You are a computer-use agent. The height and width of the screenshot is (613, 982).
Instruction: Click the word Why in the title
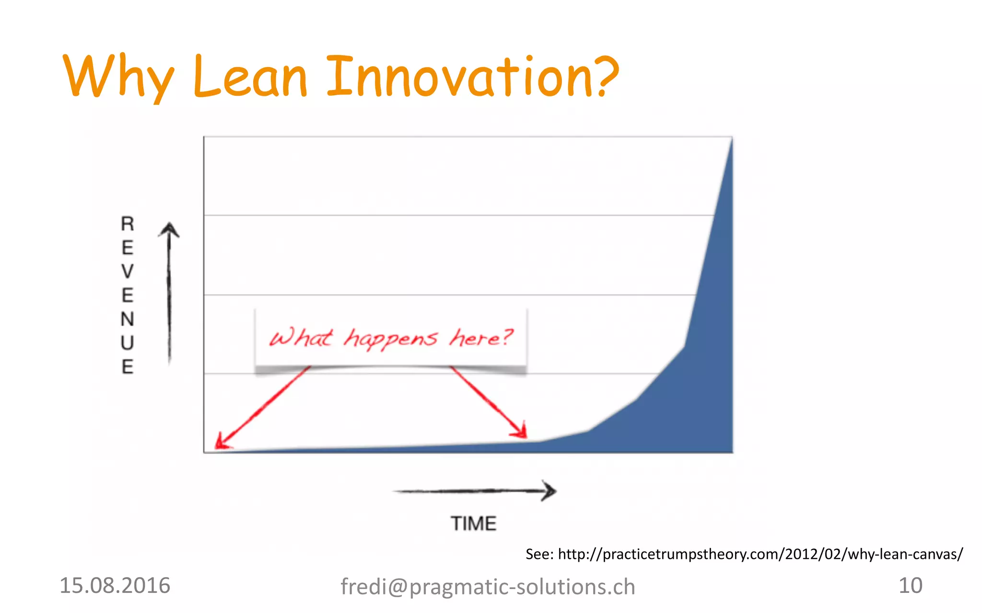click(118, 77)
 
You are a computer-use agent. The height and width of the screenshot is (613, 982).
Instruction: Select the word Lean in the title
click(250, 77)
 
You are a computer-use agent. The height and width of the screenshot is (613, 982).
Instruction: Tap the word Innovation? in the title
click(472, 77)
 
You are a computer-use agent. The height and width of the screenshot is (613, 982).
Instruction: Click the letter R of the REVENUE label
click(127, 224)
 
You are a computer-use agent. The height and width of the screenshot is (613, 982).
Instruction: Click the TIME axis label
click(473, 523)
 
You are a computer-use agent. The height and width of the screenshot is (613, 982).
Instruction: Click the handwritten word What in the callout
click(300, 338)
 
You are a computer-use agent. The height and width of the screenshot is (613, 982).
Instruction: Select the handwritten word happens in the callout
click(390, 339)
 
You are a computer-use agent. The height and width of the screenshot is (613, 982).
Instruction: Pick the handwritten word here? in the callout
click(481, 338)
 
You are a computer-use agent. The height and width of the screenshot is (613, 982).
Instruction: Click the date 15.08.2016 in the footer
click(115, 585)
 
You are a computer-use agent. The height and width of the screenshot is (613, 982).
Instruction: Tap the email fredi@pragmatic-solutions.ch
click(488, 587)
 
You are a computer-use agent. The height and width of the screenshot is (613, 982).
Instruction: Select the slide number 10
click(910, 585)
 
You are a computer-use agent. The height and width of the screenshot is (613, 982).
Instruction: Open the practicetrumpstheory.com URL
click(760, 554)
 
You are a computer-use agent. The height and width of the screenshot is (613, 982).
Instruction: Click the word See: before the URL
click(539, 554)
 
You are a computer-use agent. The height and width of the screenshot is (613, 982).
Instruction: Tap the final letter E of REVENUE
click(127, 367)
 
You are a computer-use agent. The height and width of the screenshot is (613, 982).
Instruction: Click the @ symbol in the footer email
click(397, 587)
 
